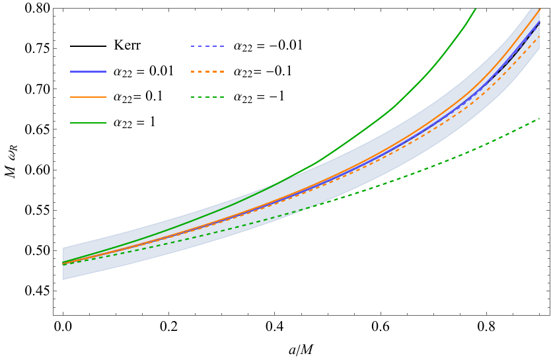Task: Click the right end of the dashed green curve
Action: pyautogui.click(x=539, y=118)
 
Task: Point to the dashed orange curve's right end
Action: pyautogui.click(x=539, y=36)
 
